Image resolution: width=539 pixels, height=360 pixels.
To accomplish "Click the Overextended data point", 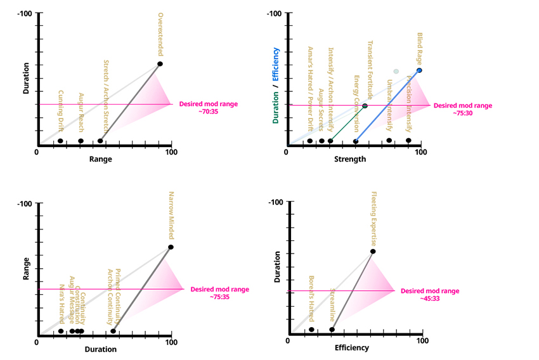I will (x=160, y=64).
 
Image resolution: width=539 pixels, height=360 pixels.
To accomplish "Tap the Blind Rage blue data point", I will (x=419, y=70).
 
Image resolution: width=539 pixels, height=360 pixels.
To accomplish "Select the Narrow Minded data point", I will (x=171, y=247).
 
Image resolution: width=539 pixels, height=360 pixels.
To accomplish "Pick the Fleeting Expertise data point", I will (x=372, y=252).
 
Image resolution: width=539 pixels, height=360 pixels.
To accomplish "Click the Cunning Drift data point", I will (x=60, y=141).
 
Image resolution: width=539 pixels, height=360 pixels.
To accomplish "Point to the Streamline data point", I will (x=332, y=330).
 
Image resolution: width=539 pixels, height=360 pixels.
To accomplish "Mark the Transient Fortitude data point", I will (x=365, y=106).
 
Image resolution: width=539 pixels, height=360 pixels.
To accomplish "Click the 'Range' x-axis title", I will (x=101, y=159).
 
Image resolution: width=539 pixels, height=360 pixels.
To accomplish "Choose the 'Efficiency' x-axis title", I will (x=351, y=348).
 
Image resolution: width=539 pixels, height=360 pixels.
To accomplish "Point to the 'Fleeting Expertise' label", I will (x=373, y=221).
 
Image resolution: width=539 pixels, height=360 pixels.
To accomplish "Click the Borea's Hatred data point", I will (x=311, y=330).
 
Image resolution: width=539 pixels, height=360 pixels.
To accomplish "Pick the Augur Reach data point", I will (x=81, y=141).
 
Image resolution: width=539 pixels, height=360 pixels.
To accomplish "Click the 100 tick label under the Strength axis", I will (x=420, y=152).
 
